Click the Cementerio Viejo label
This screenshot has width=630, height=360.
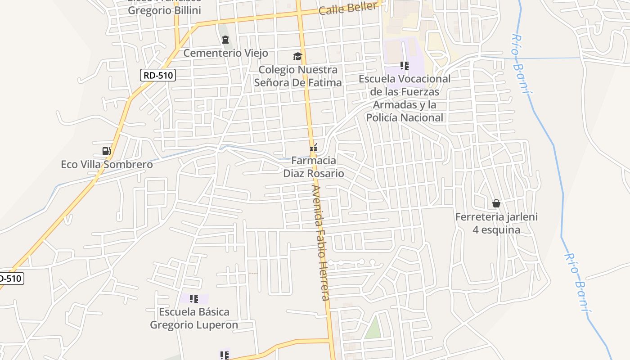[x=225, y=53]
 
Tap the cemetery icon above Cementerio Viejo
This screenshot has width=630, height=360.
[x=225, y=40]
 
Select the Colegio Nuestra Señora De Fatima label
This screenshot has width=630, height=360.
[x=298, y=76]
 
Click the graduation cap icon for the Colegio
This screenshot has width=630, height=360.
[x=297, y=56]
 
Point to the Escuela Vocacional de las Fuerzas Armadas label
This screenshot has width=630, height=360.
[x=405, y=98]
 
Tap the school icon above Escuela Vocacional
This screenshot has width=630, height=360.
[x=405, y=66]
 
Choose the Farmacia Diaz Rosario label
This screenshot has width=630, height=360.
[x=314, y=167]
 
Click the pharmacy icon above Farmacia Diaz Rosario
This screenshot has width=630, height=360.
[x=314, y=147]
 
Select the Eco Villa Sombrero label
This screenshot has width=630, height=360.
[x=107, y=164]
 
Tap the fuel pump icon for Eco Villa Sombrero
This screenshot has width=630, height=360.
[x=107, y=151]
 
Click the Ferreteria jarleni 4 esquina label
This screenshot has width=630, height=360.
[x=496, y=223]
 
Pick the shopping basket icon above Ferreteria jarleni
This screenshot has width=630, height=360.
[x=496, y=203]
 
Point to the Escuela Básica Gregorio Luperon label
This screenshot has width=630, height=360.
[x=194, y=318]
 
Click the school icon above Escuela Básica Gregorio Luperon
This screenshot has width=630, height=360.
[x=194, y=298]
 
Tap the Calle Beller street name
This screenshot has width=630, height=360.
[x=347, y=8]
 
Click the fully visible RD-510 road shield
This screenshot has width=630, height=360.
[x=157, y=75]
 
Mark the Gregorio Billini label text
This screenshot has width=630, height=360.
[x=164, y=10]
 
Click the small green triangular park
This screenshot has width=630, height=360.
[x=373, y=328]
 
